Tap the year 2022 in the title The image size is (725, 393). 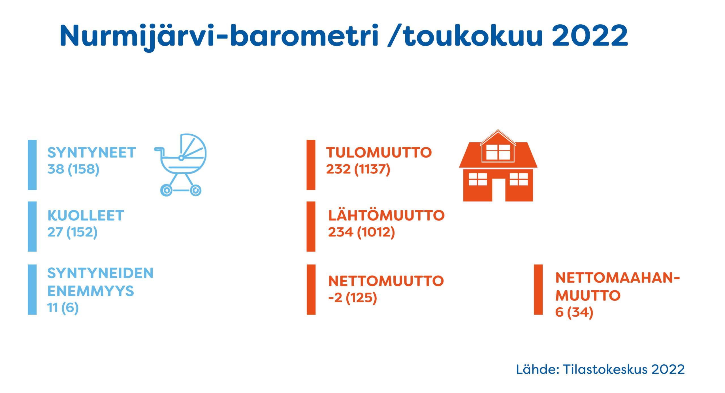pyautogui.click(x=590, y=35)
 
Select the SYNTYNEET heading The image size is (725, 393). pyautogui.click(x=91, y=153)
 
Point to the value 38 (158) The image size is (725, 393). pyautogui.click(x=73, y=169)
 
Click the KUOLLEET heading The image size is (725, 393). pyautogui.click(x=86, y=216)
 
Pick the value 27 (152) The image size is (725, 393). pyautogui.click(x=72, y=232)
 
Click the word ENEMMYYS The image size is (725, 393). pyautogui.click(x=91, y=291)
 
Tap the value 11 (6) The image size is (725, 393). pyautogui.click(x=63, y=308)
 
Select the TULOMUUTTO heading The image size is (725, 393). pyautogui.click(x=379, y=153)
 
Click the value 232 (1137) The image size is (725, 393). pyautogui.click(x=358, y=169)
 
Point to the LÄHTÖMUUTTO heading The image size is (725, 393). pyautogui.click(x=386, y=215)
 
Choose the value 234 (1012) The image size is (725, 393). pyautogui.click(x=361, y=232)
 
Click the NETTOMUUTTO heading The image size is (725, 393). pyautogui.click(x=386, y=281)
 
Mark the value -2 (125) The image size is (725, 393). pyautogui.click(x=353, y=298)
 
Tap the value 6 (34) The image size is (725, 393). pyautogui.click(x=574, y=313)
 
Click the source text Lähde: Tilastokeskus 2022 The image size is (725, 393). pyautogui.click(x=600, y=369)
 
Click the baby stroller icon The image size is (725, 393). pyautogui.click(x=181, y=165)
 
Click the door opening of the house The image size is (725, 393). pyautogui.click(x=498, y=190)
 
